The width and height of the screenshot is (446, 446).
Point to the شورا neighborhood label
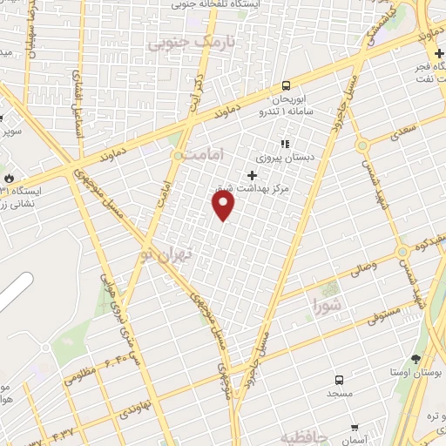click(x=328, y=305)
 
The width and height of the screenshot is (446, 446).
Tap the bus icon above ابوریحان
click(x=286, y=85)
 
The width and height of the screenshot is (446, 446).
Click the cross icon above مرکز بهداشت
click(x=253, y=175)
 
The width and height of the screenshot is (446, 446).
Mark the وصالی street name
click(x=362, y=273)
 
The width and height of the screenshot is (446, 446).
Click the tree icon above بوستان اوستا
click(x=416, y=359)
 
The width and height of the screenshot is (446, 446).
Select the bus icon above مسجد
click(x=339, y=380)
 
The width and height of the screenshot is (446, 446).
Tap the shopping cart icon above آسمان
click(x=355, y=428)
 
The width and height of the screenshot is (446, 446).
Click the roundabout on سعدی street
click(x=362, y=144)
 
